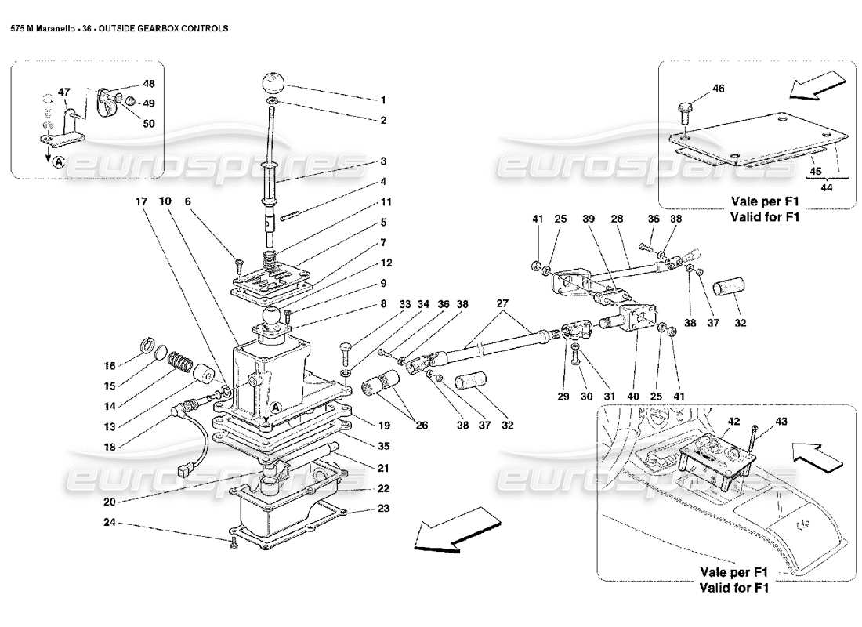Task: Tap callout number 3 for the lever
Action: pos(383,161)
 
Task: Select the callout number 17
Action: pos(141,201)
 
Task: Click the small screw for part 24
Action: pos(233,543)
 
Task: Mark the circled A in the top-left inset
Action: pos(59,162)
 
